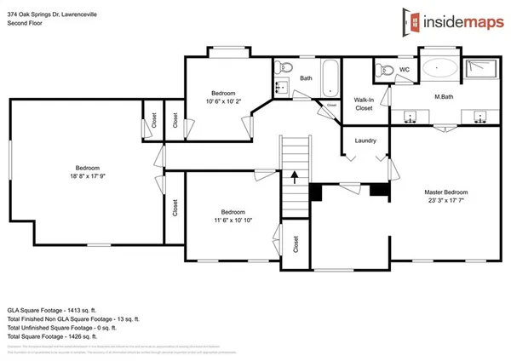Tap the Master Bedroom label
(445, 192)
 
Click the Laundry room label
(366, 140)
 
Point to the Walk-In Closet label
(364, 104)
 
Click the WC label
(405, 68)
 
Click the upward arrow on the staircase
(295, 177)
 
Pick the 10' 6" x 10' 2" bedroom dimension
(223, 100)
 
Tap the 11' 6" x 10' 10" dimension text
(234, 220)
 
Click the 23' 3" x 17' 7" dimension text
(445, 201)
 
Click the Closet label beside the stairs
(296, 245)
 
